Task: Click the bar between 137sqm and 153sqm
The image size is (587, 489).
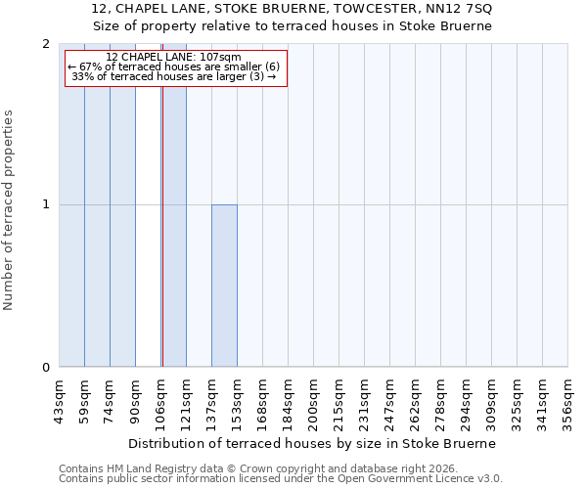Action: [224, 286]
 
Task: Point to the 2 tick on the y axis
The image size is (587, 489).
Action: [46, 44]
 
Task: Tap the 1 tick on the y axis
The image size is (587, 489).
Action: [46, 205]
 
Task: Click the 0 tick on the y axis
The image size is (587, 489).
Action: [46, 368]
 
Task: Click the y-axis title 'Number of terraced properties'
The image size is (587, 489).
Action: [9, 209]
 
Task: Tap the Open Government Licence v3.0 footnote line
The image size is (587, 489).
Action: [280, 479]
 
